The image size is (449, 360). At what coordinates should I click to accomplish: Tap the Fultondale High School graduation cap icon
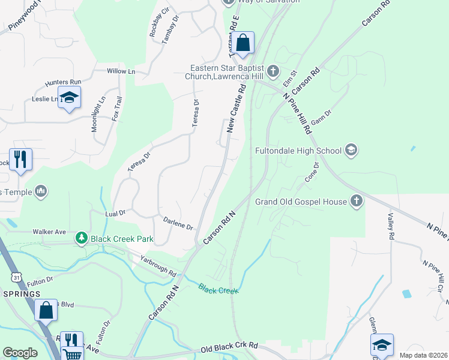(351, 150)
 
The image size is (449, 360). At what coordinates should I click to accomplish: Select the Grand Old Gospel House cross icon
(357, 202)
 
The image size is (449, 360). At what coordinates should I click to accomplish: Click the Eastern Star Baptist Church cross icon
(273, 72)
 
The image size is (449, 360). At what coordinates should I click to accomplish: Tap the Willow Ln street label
(121, 71)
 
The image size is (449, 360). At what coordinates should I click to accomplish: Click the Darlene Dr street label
(178, 223)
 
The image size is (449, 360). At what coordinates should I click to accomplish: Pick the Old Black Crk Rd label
(229, 347)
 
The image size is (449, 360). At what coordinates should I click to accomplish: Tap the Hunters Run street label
(62, 83)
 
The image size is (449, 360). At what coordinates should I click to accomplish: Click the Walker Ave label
(49, 232)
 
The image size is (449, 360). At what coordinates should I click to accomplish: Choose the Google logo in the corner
(20, 353)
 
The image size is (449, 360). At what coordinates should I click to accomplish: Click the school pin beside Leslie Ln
(69, 98)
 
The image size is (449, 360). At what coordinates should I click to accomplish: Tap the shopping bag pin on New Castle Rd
(243, 43)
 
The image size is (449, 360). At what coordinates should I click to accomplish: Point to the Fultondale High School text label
(298, 151)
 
